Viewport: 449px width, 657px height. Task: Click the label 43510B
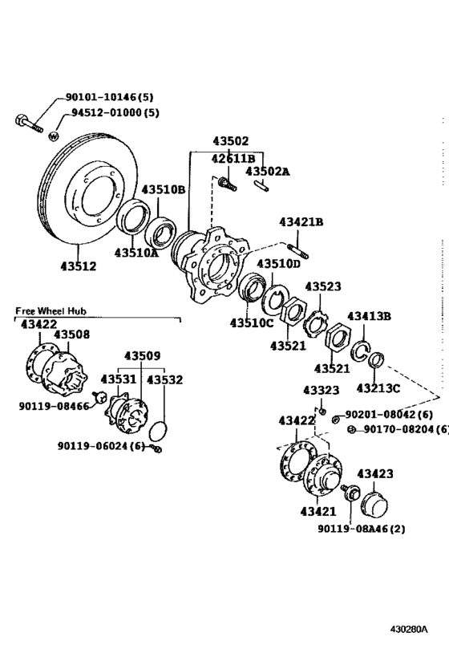tap(164, 190)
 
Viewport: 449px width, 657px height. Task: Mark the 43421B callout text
tap(301, 222)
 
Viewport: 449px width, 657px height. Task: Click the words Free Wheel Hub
tap(50, 310)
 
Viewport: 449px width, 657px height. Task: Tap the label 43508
tap(72, 335)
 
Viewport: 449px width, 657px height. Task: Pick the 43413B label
tap(369, 316)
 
